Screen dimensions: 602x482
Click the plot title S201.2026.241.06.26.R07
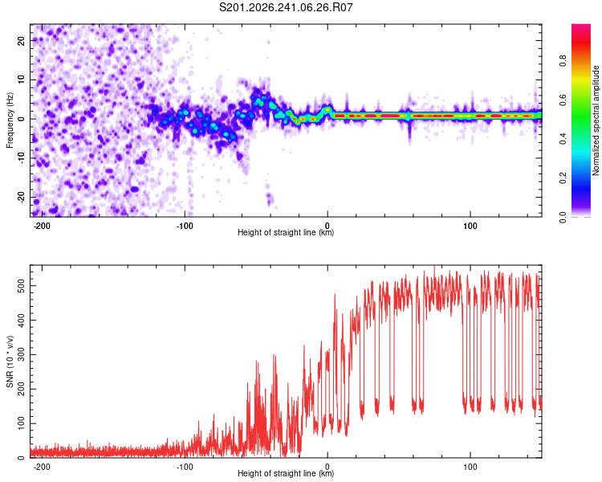tap(286, 7)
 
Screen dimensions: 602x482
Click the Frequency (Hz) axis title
tap(10, 120)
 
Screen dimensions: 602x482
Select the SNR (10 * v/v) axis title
tap(10, 361)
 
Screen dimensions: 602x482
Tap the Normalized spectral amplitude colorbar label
tap(596, 120)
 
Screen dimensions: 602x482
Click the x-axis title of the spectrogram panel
tap(286, 232)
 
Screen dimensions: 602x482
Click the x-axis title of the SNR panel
tap(286, 473)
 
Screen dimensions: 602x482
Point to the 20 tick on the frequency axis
tap(21, 41)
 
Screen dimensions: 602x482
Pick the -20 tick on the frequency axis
tap(21, 198)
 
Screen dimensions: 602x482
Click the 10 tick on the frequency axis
tap(21, 80)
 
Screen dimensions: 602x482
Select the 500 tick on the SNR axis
tap(21, 286)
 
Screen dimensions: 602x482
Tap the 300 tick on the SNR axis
tap(21, 355)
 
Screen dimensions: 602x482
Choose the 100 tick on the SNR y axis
tap(21, 423)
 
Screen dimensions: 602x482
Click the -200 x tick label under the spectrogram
tap(42, 226)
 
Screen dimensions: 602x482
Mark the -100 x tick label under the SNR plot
tap(185, 467)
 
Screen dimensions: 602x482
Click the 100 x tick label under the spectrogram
tap(470, 226)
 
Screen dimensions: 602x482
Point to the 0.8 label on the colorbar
tap(563, 61)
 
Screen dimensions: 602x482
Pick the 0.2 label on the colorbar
tap(563, 178)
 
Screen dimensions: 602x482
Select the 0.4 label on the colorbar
tap(563, 139)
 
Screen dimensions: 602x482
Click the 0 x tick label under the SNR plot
tap(327, 467)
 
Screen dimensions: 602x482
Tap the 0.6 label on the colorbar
tap(563, 100)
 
